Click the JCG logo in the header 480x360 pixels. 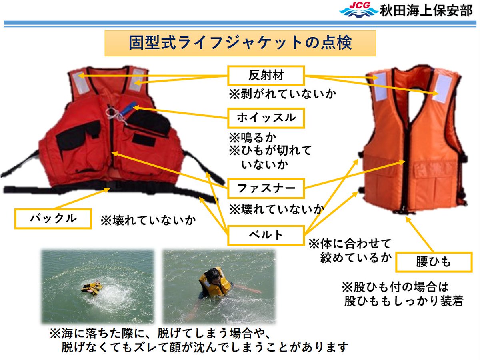pos(358,10)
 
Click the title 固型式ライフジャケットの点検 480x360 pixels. pos(240,43)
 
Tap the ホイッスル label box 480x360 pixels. pos(266,118)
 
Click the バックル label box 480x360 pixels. pos(53,218)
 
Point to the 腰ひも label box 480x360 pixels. pos(433,262)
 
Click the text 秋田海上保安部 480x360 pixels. pos(426,10)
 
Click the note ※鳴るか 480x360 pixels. pos(252,138)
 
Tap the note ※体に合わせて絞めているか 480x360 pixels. pos(350,250)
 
